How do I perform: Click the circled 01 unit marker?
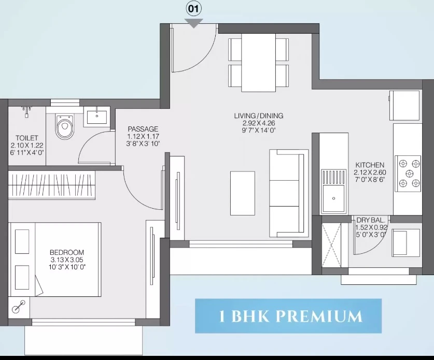(193, 9)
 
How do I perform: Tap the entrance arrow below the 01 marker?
(194, 23)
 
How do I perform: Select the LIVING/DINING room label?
(259, 116)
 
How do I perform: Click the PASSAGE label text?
(143, 129)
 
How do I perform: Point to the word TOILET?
(26, 138)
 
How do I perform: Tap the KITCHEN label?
(370, 165)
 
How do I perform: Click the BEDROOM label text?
(67, 252)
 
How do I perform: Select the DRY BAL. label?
(371, 220)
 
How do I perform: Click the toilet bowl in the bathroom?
(64, 126)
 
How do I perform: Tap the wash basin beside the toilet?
(97, 117)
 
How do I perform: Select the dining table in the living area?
(258, 63)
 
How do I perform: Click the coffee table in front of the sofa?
(243, 193)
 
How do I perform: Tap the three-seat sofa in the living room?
(289, 193)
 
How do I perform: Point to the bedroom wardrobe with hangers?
(52, 185)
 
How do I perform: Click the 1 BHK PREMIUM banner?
(288, 316)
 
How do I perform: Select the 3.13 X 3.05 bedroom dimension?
(67, 260)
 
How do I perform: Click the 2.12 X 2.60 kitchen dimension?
(370, 172)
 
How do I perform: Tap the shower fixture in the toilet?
(26, 111)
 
